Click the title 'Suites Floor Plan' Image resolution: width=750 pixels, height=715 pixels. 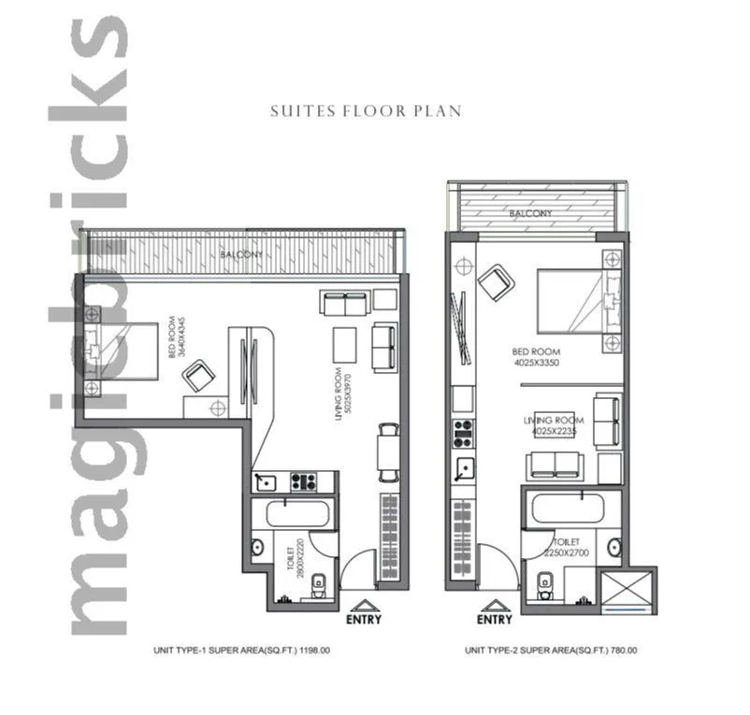(x=366, y=111)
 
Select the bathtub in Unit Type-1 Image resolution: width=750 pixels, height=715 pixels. (x=298, y=514)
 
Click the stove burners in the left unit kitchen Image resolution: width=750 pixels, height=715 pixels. (x=304, y=482)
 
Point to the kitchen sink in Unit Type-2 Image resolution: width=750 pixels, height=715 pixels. (x=462, y=467)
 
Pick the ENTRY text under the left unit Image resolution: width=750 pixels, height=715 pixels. (x=364, y=619)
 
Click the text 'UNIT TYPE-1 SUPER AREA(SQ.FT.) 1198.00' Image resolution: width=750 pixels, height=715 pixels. (x=242, y=651)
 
